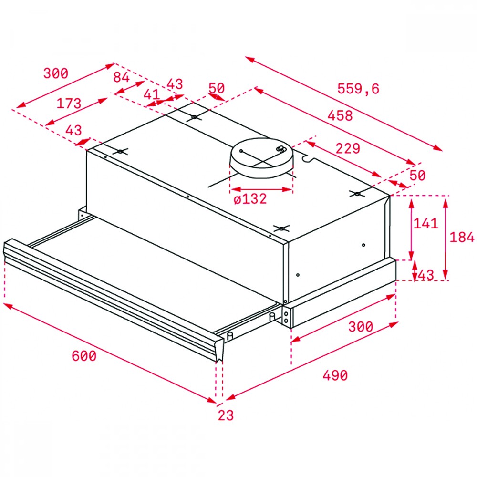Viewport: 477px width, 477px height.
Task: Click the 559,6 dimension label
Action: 358,89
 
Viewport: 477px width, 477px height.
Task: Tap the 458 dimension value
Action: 340,115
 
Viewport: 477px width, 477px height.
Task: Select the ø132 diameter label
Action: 250,199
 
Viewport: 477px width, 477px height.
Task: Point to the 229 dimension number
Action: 348,148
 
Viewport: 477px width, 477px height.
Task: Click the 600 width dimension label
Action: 84,356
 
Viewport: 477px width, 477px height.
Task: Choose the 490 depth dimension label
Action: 335,375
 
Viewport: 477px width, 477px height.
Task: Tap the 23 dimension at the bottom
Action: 226,415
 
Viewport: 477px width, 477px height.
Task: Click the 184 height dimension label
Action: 462,237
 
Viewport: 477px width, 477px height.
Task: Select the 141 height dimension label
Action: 425,224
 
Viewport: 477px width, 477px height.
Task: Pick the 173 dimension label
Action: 69,104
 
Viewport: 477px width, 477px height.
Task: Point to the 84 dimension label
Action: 121,77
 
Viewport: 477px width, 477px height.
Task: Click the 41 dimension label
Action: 152,94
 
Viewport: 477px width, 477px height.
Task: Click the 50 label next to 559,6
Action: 217,88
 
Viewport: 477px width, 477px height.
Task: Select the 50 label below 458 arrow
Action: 417,175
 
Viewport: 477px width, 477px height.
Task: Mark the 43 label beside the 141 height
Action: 426,275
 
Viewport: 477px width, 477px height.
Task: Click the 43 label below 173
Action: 73,130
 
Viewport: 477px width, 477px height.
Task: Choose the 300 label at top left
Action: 56,73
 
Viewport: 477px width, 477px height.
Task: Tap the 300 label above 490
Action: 361,326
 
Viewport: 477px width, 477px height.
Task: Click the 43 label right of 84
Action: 175,84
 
